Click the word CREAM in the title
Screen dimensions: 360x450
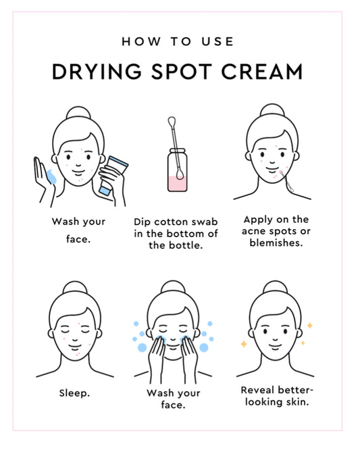pyautogui.click(x=262, y=72)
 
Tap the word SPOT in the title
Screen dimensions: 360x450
pyautogui.click(x=181, y=72)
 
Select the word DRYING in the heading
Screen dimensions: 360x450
pyautogui.click(x=97, y=72)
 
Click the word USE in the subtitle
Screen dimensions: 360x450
pyautogui.click(x=217, y=42)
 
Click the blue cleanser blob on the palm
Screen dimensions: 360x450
pyautogui.click(x=51, y=176)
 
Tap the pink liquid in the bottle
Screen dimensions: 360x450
pyautogui.click(x=178, y=184)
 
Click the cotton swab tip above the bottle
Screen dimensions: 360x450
pyautogui.click(x=172, y=121)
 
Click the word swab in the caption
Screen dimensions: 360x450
pyautogui.click(x=205, y=222)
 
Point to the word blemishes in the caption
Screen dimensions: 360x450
pyautogui.click(x=276, y=243)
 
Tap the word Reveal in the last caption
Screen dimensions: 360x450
pyautogui.click(x=257, y=390)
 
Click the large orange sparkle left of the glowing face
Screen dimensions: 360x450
pyautogui.click(x=244, y=343)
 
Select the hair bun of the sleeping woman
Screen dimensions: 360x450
pyautogui.click(x=75, y=287)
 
